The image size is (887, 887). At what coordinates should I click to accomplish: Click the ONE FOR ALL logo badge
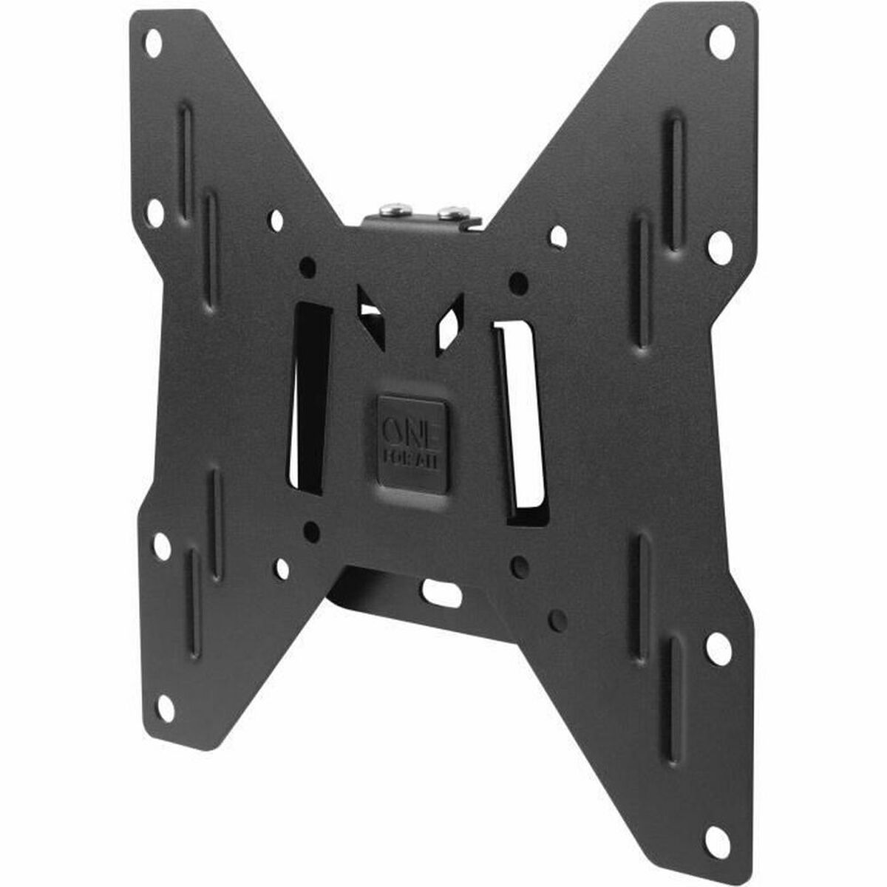coord(412,442)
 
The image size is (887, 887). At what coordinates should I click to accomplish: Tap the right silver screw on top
coord(449,214)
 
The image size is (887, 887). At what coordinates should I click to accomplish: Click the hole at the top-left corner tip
coord(153,43)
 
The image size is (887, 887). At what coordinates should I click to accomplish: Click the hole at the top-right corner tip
coord(721,42)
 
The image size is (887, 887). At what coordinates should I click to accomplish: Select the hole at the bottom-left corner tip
coord(166,708)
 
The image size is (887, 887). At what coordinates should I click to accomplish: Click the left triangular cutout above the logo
coord(373,314)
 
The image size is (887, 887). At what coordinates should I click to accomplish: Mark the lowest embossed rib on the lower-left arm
coord(194,602)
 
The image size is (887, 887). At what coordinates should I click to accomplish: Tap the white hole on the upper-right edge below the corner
coord(718,247)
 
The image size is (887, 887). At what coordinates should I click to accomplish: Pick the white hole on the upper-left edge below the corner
coord(155,213)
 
